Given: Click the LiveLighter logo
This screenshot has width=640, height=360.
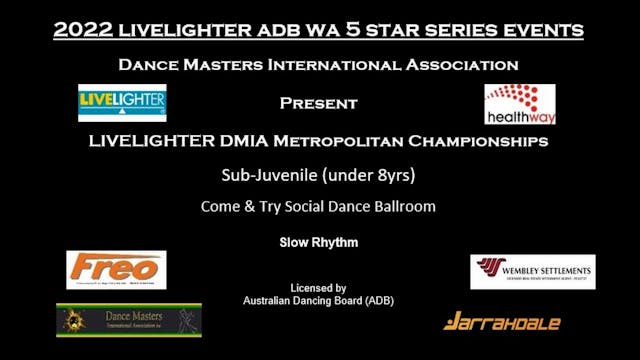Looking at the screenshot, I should (122, 103).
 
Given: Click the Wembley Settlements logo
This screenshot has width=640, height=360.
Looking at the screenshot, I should (532, 271).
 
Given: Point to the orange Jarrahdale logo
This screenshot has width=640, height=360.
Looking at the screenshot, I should (502, 321).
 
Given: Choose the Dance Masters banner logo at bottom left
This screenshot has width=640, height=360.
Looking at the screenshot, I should (129, 321).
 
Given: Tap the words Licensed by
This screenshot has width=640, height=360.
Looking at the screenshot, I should (319, 287).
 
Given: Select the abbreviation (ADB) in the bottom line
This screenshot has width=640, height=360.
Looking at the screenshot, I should (379, 300).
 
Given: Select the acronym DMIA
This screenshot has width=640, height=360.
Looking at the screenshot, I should (252, 141).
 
